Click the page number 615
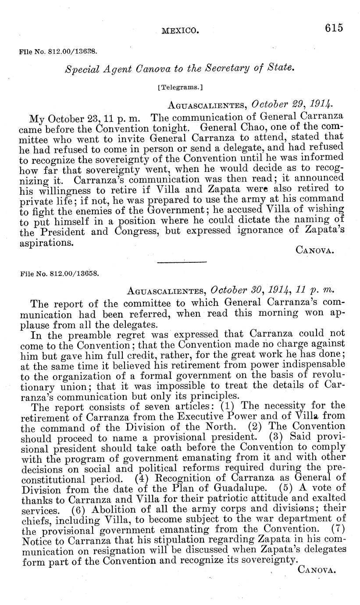(x=334, y=28)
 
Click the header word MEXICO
(x=180, y=31)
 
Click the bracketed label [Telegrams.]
(x=180, y=87)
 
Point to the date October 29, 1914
(x=292, y=104)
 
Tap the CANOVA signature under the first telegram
(x=316, y=251)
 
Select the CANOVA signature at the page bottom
(x=316, y=570)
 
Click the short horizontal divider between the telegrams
(x=182, y=262)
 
